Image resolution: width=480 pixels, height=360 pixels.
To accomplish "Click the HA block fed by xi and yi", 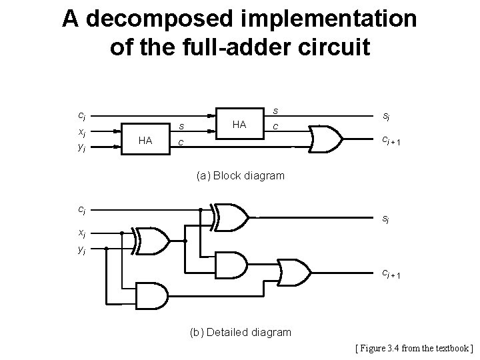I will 145,140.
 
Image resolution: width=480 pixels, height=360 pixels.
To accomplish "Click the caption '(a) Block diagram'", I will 240,176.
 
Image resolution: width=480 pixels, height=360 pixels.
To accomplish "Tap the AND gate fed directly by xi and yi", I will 152,293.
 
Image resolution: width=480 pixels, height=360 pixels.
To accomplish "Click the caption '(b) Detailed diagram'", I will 240,332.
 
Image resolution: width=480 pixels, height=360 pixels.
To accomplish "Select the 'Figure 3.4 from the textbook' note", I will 414,348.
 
